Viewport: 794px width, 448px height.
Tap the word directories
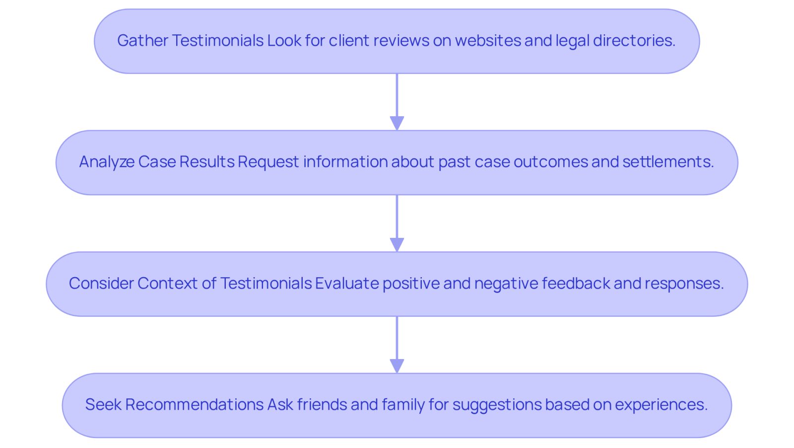coord(634,40)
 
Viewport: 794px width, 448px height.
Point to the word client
coord(349,40)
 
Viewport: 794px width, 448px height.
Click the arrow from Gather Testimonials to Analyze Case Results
coord(397,102)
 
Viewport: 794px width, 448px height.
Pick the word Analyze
coord(107,162)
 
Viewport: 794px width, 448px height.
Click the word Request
coord(268,162)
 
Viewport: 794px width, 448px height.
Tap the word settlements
coord(668,162)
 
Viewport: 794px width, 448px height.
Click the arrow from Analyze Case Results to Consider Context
coord(397,224)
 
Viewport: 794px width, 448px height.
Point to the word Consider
coord(101,284)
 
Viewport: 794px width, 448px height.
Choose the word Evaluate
coord(347,284)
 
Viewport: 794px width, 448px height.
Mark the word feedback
coord(576,284)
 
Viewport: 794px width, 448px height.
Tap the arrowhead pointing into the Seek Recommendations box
coord(397,366)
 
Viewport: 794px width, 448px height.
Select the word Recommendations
coord(194,405)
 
